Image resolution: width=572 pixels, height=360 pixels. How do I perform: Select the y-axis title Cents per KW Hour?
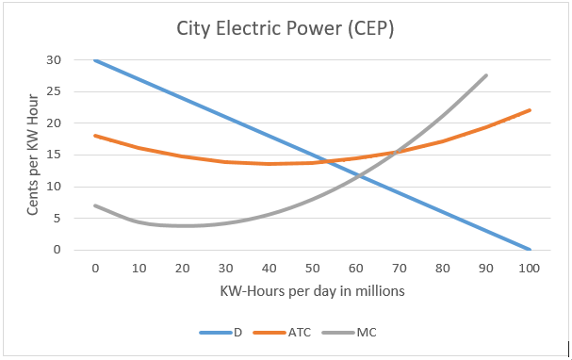pos(33,155)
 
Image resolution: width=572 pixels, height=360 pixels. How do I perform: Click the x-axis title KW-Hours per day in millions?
pos(312,290)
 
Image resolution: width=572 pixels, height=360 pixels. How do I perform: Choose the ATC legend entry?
pos(290,332)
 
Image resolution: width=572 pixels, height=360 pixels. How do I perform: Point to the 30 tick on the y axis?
pos(54,59)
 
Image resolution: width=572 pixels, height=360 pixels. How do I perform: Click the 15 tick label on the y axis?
pos(54,155)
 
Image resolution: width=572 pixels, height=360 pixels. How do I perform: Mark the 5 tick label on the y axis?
pos(57,219)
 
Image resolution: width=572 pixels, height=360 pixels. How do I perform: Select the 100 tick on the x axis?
pos(529,268)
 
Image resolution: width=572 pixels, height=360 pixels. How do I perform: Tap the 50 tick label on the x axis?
pos(312,268)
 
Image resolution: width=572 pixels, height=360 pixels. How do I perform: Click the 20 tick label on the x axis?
pos(182,268)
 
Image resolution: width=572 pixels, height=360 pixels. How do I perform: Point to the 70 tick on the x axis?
pos(399,268)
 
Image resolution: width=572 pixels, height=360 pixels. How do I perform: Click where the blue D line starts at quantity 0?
pos(95,59)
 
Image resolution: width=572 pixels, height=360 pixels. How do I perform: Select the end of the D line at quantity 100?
pos(529,250)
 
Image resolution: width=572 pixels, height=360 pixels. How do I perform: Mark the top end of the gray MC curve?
pos(485,75)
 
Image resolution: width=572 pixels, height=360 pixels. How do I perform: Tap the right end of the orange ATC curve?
pos(529,110)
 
